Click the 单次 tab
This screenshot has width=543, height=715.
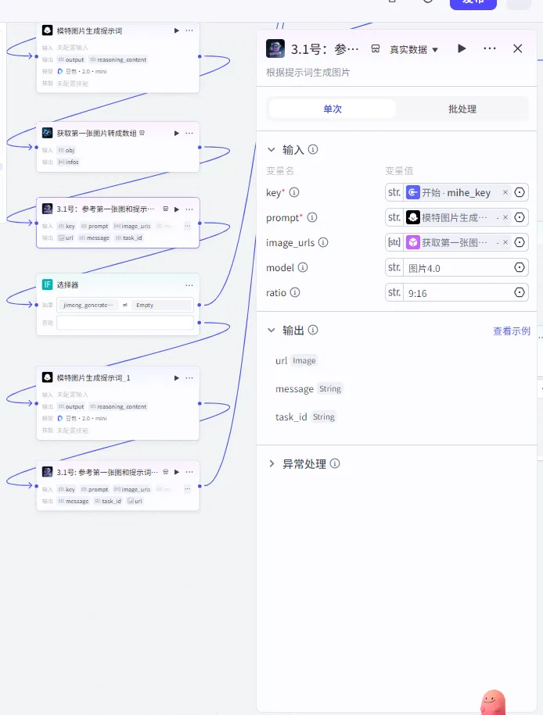[333, 109]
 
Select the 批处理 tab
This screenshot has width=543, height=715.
[462, 109]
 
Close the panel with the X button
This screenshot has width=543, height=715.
[517, 48]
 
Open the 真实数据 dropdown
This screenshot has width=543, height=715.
[414, 49]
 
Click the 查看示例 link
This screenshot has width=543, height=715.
[511, 331]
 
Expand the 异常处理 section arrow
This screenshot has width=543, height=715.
[271, 464]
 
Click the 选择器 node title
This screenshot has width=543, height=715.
[67, 285]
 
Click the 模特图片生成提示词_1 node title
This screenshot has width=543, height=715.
[93, 378]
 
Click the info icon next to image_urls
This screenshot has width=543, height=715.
[323, 243]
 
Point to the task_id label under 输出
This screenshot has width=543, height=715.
[291, 417]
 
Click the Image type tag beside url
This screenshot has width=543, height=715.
[304, 361]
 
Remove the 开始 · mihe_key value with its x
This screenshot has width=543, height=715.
[505, 193]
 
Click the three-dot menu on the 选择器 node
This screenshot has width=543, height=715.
[189, 285]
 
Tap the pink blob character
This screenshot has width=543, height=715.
[493, 702]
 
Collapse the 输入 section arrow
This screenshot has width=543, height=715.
[271, 149]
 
